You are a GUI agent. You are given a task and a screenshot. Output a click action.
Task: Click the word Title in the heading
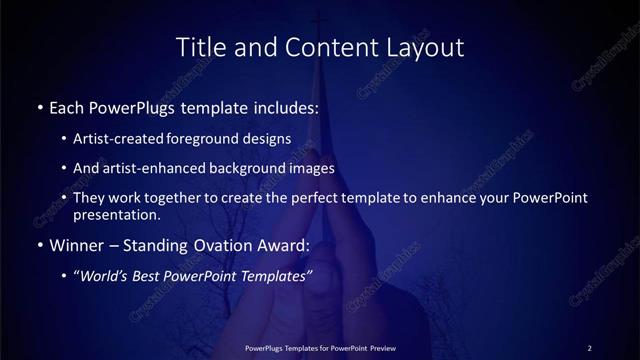(x=198, y=47)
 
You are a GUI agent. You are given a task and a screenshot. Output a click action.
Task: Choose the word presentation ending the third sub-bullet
(x=116, y=214)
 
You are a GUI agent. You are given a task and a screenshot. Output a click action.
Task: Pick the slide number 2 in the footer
(x=590, y=348)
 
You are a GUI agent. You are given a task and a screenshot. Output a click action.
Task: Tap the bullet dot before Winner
(x=39, y=245)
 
